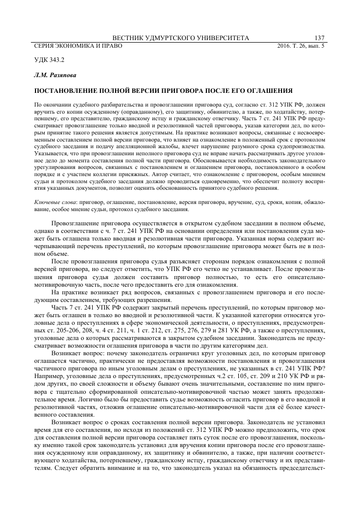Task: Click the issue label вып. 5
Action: click(x=318, y=46)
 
